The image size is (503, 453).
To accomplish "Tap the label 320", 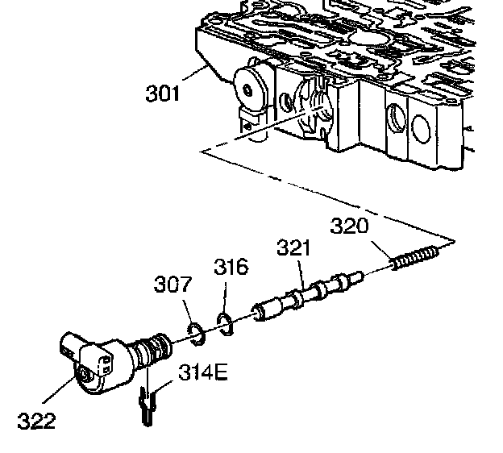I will click(349, 226).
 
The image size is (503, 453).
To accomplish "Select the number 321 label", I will click(294, 247).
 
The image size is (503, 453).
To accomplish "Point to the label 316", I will click(231, 267).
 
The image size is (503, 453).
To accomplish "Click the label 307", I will click(173, 285).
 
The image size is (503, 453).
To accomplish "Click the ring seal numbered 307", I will click(194, 330).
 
